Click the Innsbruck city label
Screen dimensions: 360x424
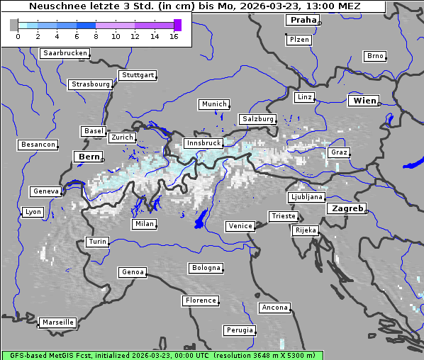click(203, 143)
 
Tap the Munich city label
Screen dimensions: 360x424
click(214, 104)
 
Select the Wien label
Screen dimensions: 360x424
click(365, 101)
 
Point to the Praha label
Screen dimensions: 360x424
click(303, 20)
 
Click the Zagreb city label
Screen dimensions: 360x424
click(347, 208)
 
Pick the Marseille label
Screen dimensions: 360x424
click(57, 322)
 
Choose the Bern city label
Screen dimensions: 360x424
click(89, 157)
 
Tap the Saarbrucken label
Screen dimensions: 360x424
click(65, 53)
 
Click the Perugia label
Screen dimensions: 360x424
click(239, 330)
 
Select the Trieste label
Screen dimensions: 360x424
click(283, 216)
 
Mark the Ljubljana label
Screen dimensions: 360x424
click(306, 197)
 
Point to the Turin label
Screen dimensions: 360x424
click(98, 242)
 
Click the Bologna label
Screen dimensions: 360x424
click(206, 268)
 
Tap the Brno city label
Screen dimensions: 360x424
click(375, 56)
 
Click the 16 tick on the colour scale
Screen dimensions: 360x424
click(174, 35)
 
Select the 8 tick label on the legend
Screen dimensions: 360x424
click(96, 35)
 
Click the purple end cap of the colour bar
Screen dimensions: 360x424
click(177, 25)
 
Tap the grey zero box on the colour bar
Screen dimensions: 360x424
click(14, 25)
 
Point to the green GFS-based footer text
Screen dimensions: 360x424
click(162, 355)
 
